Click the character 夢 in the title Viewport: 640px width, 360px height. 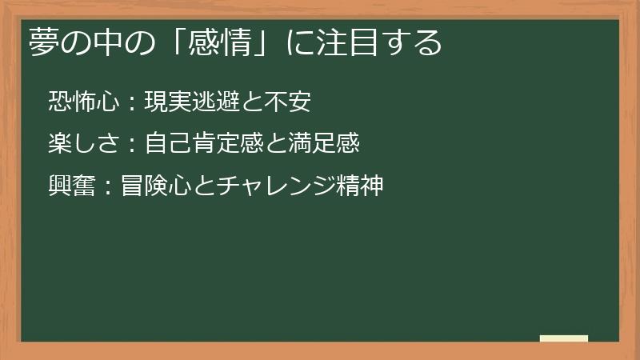pos(44,42)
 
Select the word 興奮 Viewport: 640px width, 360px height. pos(72,186)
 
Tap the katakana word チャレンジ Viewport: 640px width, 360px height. pos(274,186)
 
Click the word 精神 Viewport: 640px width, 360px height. pos(361,186)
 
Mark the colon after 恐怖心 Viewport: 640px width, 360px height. pos(133,102)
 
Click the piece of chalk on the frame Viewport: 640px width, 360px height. pos(564,338)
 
